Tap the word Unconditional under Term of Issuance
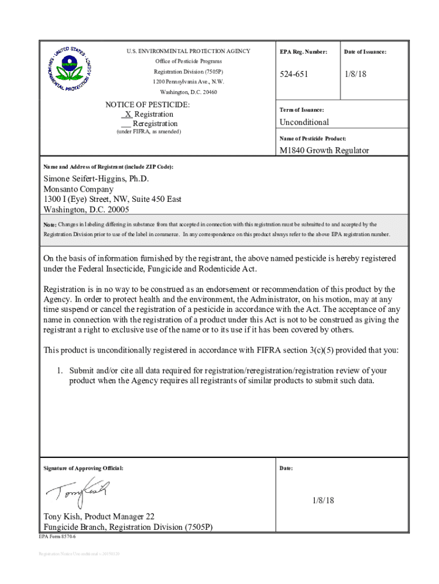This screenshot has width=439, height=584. click(x=304, y=122)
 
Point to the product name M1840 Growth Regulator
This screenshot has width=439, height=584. click(x=323, y=151)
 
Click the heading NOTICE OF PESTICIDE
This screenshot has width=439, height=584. click(x=148, y=105)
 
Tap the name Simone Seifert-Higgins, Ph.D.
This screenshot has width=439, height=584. click(x=96, y=179)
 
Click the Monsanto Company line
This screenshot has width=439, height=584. click(x=79, y=189)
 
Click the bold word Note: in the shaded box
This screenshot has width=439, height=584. click(x=50, y=225)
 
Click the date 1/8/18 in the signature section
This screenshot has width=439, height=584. click(x=323, y=500)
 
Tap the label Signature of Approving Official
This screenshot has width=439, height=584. click(x=83, y=468)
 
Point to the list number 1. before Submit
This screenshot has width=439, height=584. click(x=59, y=371)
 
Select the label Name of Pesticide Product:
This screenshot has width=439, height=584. click(x=312, y=139)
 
